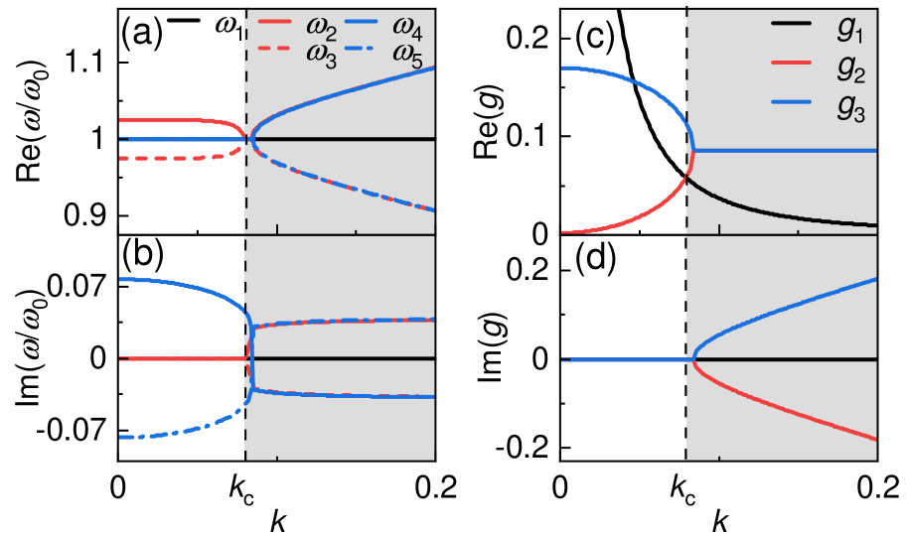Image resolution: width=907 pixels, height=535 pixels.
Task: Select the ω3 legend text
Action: coord(326,57)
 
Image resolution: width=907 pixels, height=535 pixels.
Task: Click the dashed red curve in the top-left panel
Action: coord(169,158)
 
